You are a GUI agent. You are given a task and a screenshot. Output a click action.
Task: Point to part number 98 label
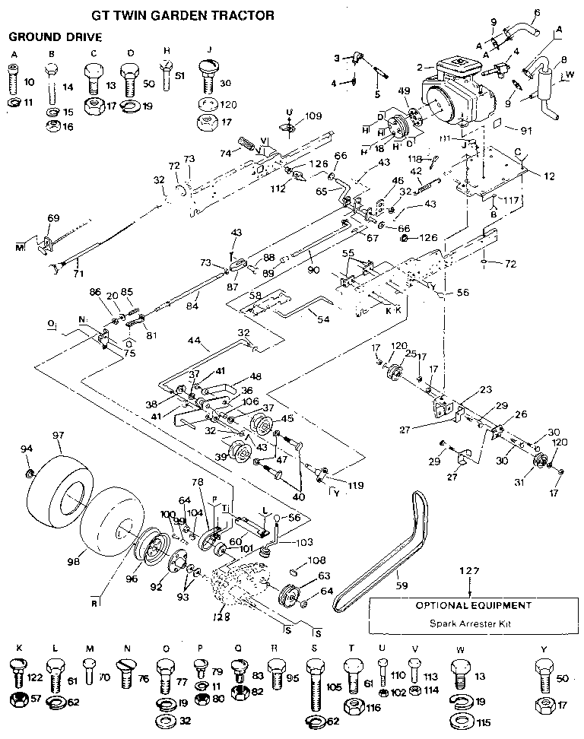(x=73, y=561)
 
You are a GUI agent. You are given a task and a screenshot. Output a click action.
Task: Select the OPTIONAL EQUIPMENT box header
(x=471, y=606)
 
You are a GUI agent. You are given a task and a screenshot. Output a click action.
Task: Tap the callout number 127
(x=471, y=569)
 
